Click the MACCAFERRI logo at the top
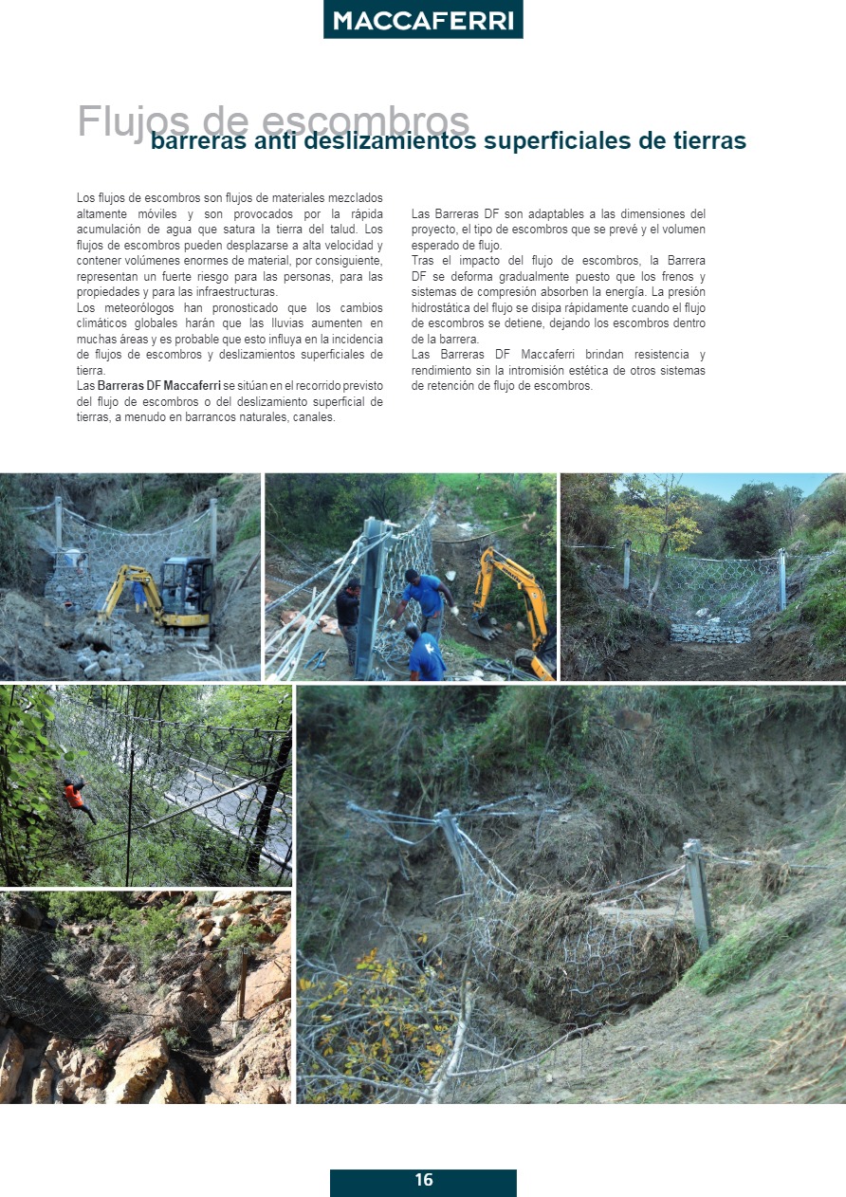pyautogui.click(x=423, y=20)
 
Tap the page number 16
pyautogui.click(x=424, y=1180)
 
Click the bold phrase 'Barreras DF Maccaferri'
pyautogui.click(x=158, y=386)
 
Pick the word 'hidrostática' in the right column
pyautogui.click(x=443, y=308)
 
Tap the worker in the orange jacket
pyautogui.click(x=75, y=794)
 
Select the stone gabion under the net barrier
pyautogui.click(x=709, y=632)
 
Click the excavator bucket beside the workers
pyautogui.click(x=485, y=625)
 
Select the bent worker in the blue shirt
pyautogui.click(x=426, y=653)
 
